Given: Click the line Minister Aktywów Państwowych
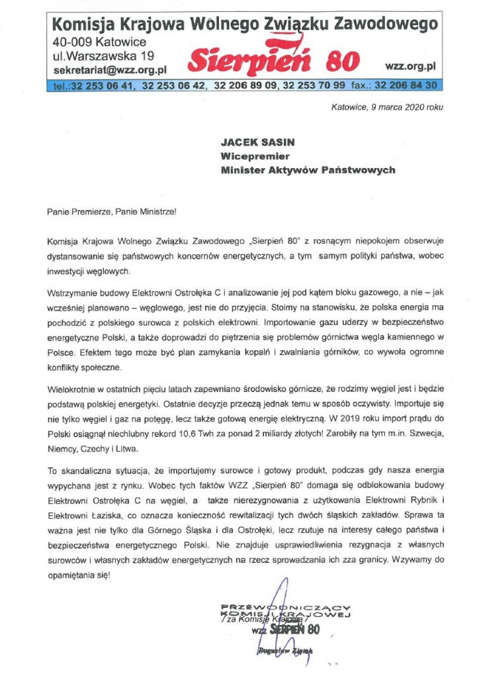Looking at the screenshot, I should click(x=308, y=170).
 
